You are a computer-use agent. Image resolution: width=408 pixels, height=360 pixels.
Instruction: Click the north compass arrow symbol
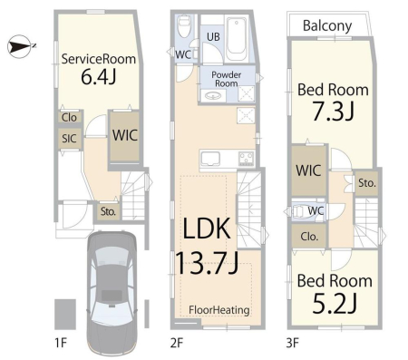pos(20,46)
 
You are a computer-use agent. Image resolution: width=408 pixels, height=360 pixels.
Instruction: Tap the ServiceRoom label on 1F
pos(99,59)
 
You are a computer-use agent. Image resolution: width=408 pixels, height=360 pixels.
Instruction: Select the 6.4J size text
pos(99,77)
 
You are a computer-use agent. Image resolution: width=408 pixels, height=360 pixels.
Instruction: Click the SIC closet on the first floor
pos(69,139)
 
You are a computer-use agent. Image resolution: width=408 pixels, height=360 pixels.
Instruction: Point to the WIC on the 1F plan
pos(125,136)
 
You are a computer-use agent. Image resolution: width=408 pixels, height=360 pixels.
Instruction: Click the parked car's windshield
pos(112,258)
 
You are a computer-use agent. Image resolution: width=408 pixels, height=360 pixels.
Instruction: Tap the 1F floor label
pos(60,343)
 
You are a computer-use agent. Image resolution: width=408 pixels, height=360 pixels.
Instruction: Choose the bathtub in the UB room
pos(237,39)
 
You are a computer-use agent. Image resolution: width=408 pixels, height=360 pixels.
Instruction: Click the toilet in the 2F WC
pos(183,25)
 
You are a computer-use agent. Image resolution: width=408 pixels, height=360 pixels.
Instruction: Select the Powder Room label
pos(226,79)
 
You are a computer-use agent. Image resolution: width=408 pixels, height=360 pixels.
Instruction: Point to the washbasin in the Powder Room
pos(213,96)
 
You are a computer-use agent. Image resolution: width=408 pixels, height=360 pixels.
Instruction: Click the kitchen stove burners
pos(247,159)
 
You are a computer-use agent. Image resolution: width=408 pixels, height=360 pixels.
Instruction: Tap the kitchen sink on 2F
pos(210,159)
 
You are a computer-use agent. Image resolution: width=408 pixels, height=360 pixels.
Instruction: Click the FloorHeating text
pos(219,310)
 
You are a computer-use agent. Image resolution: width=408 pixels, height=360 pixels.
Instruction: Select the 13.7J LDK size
pos(207,263)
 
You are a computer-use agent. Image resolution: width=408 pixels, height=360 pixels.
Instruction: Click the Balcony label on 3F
pos(327,26)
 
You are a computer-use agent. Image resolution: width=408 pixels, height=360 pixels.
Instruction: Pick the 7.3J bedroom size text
pos(333,111)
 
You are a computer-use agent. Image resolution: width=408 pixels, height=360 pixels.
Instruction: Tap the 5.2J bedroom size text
pos(335,303)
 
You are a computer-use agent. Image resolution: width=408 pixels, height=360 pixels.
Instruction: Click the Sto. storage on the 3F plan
pos(367,183)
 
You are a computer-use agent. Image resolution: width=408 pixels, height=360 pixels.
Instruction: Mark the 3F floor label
pos(292,343)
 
